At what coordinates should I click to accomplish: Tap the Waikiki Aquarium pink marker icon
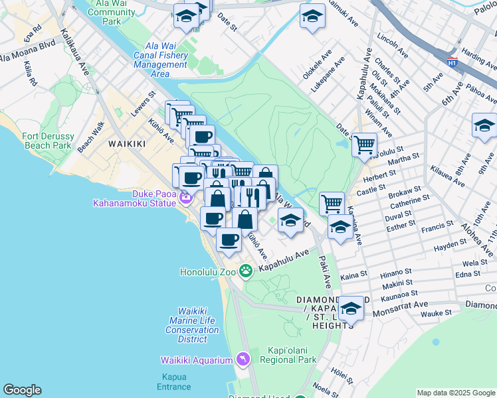tap(243, 360)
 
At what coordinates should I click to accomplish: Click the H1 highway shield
tap(452, 62)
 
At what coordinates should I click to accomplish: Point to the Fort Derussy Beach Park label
tap(47, 141)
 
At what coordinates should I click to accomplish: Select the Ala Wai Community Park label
tap(111, 13)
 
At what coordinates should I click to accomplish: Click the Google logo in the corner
tap(22, 390)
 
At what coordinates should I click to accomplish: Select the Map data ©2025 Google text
tap(455, 393)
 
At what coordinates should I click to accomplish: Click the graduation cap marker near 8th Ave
tap(484, 125)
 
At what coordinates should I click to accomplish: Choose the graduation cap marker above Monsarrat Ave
tap(351, 308)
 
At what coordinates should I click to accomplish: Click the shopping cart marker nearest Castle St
tap(332, 203)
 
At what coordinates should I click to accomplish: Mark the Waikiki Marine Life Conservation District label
tap(193, 325)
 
